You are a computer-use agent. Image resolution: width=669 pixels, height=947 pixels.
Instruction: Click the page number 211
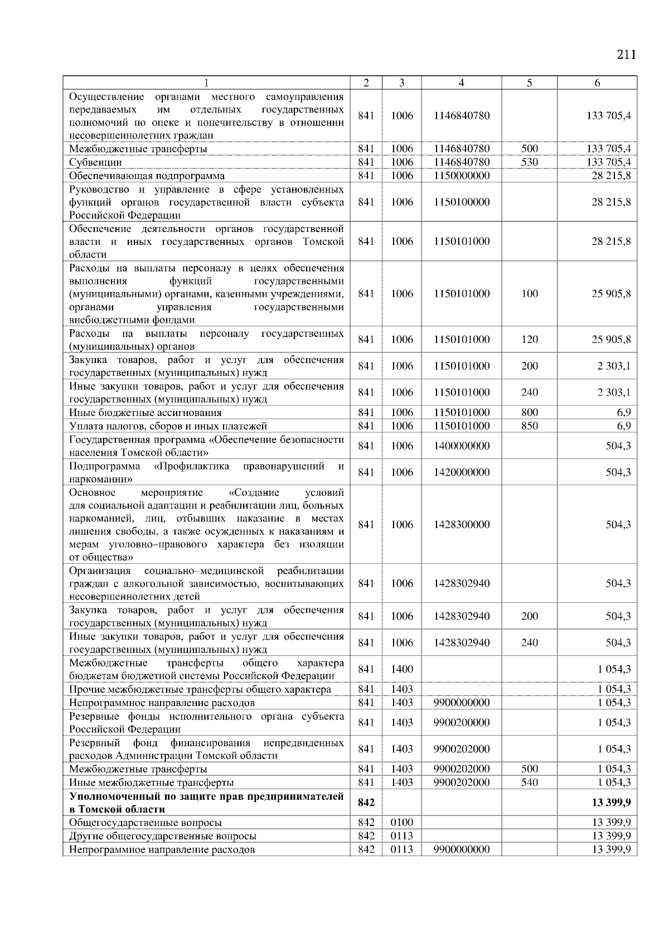pos(626,55)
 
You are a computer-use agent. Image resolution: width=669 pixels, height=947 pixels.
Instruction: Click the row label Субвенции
pos(95,162)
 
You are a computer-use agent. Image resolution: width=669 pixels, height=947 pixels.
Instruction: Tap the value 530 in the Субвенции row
pos(529,162)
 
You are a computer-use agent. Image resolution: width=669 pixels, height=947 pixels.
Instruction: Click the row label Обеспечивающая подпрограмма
pos(147,176)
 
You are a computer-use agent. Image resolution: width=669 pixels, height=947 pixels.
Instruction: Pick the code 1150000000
pos(461,176)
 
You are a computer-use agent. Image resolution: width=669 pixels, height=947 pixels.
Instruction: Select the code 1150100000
pos(461,202)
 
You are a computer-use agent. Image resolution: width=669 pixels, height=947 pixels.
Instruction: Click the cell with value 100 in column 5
pos(529,294)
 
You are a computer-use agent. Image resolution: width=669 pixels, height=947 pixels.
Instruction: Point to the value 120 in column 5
pos(529,340)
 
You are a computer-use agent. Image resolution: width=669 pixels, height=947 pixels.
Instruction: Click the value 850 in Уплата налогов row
pos(529,426)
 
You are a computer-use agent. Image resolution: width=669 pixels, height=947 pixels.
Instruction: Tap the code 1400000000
pos(461,446)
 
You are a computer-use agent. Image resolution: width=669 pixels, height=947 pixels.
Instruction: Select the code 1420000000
pos(461,472)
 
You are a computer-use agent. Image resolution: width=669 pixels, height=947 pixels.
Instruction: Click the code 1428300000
pos(461,524)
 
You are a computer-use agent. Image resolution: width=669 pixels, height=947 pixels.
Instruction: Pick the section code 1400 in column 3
pos(401,669)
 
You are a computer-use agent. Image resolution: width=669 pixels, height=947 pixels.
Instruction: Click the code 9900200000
pos(461,722)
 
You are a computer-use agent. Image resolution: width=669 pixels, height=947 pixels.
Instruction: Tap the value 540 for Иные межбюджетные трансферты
pos(529,782)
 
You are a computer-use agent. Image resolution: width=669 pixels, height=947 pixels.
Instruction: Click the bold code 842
pos(366,802)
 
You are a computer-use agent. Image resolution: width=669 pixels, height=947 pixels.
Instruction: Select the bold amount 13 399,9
pos(611,802)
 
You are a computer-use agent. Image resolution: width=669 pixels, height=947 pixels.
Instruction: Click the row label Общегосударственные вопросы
pos(145,823)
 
